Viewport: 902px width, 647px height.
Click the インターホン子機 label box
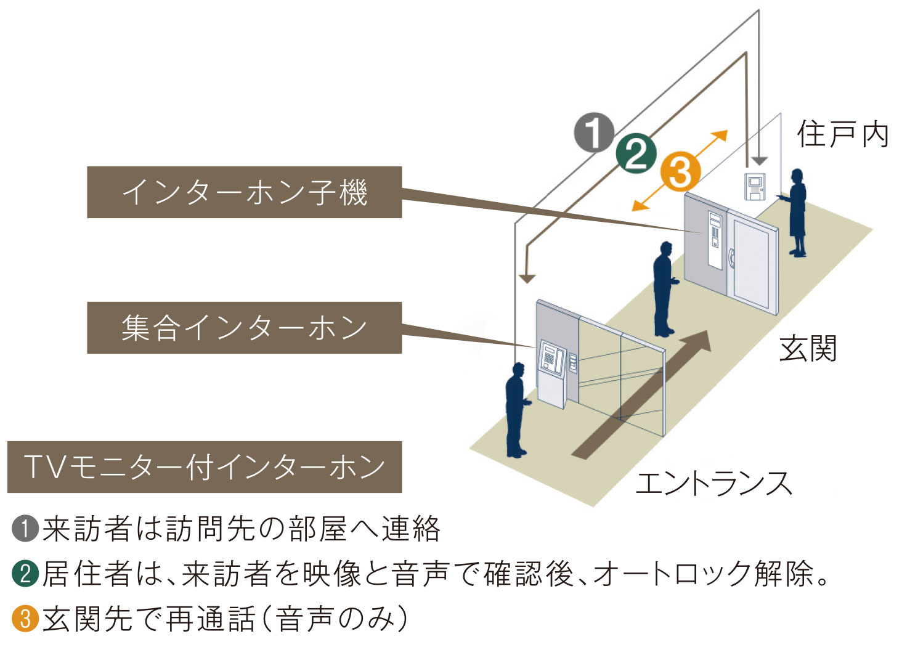[x=244, y=192]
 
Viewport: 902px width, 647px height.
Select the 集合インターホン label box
[x=244, y=328]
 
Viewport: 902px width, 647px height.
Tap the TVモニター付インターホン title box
[x=204, y=467]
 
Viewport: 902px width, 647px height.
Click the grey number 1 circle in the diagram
[x=594, y=132]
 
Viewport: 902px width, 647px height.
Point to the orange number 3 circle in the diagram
[x=680, y=172]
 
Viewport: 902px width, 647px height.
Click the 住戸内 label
[x=842, y=134]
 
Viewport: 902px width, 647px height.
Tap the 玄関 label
[x=808, y=349]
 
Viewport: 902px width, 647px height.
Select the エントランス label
[x=713, y=483]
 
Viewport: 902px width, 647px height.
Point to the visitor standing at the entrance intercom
[x=516, y=410]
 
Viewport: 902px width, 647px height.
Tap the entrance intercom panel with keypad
[x=552, y=359]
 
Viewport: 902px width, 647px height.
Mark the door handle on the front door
[x=731, y=257]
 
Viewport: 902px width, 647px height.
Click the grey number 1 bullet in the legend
[x=25, y=529]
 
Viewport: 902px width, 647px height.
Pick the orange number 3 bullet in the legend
[x=25, y=618]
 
